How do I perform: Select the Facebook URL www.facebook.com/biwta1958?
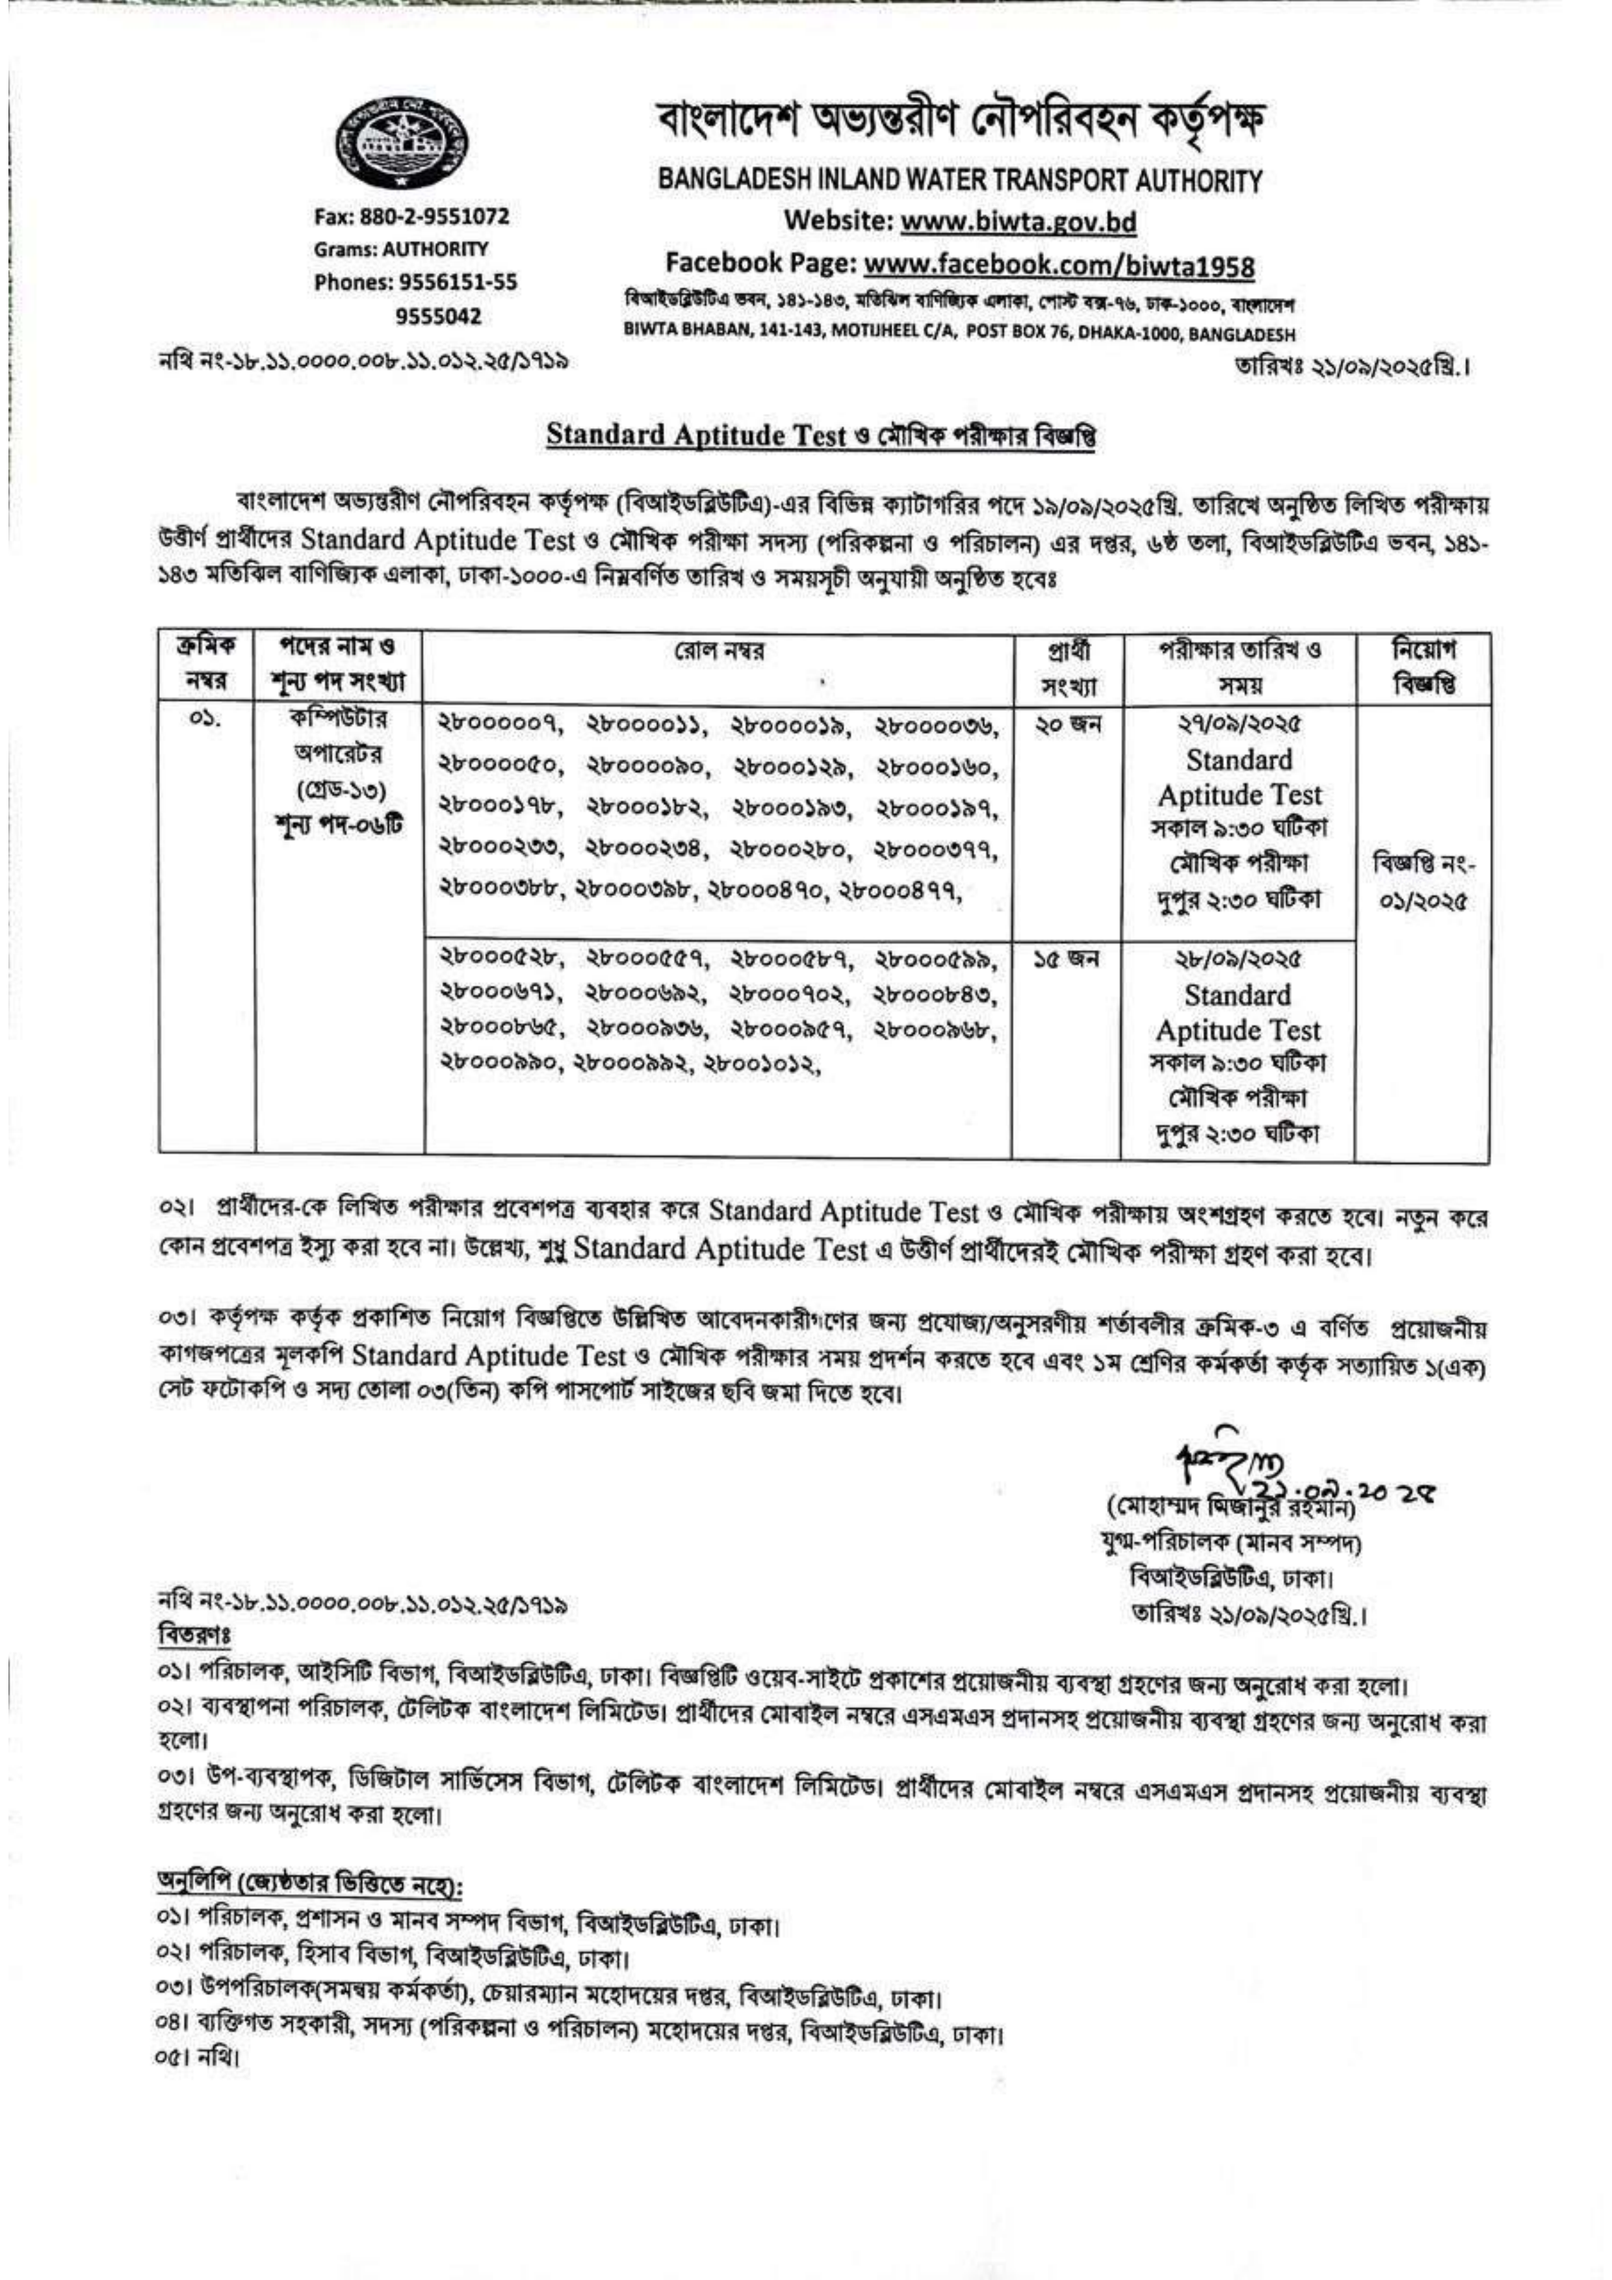coord(1059,266)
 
